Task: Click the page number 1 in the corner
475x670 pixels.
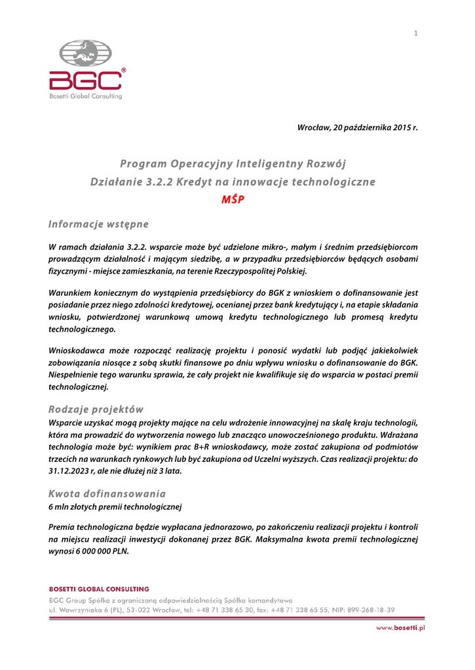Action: coord(415,33)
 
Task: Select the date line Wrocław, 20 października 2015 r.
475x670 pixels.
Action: coord(357,127)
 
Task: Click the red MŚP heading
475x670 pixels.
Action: coord(233,200)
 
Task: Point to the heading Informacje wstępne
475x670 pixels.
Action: coord(99,224)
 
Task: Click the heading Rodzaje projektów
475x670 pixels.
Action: coord(96,410)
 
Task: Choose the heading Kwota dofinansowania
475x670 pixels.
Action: coord(107,493)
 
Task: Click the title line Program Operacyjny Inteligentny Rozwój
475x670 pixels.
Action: coord(233,163)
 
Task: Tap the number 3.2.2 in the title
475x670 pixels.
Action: coord(159,182)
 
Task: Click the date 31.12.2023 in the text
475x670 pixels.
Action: coord(73,470)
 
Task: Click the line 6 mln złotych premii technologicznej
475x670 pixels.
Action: coord(115,506)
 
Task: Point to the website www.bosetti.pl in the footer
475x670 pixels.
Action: coord(400,628)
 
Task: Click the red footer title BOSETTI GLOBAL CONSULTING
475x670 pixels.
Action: coord(99,590)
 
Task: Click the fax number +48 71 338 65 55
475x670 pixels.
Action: coord(297,609)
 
